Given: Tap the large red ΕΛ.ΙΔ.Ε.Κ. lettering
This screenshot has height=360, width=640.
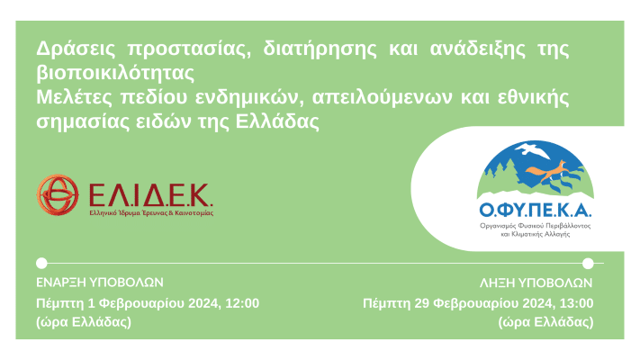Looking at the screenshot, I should point(149,193).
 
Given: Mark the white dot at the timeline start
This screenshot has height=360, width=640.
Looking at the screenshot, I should point(41,264).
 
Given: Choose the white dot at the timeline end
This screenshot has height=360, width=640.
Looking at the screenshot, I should point(588,264).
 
